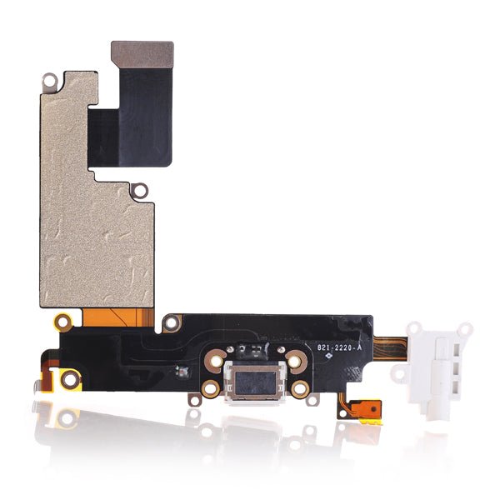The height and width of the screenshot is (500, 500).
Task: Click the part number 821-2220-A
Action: tap(339, 347)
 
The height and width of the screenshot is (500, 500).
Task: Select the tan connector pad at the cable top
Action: tap(142, 55)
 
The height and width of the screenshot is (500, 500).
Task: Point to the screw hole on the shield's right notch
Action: tap(140, 191)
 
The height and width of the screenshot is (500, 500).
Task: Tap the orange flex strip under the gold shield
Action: tap(118, 317)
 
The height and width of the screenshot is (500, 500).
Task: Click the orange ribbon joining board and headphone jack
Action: tap(390, 348)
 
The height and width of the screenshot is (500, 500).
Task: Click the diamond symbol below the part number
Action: tap(329, 356)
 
